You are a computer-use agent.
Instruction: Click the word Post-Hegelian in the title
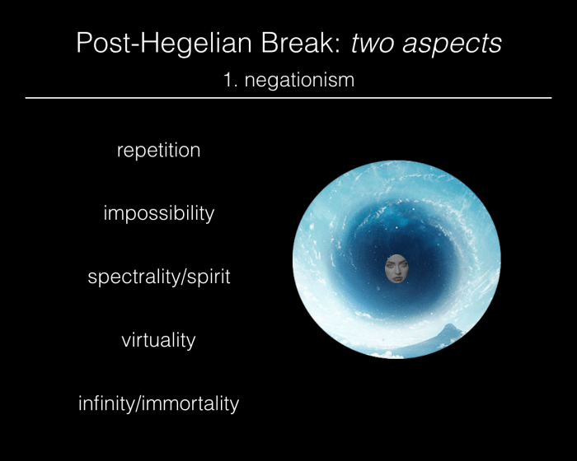[165, 44]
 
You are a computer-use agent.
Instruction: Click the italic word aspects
[452, 44]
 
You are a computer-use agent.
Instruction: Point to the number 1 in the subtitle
[228, 80]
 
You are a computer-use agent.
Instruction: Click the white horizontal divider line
[288, 98]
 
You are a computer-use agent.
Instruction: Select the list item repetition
[158, 151]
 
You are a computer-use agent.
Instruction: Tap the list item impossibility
[158, 213]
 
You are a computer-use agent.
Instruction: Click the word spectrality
[134, 277]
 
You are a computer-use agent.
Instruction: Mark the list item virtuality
[158, 340]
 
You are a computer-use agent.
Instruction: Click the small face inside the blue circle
[396, 268]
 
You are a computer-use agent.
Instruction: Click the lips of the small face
[397, 277]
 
